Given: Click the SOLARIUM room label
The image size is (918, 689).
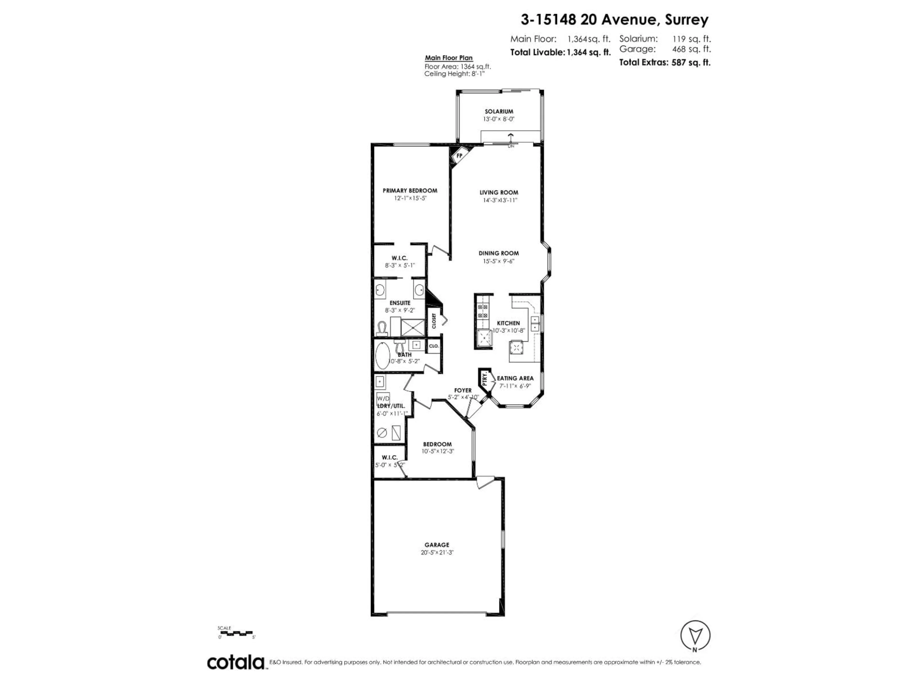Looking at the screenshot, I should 499,111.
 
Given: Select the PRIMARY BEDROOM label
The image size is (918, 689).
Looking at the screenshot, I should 410,191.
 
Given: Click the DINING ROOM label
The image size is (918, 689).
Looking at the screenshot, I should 498,253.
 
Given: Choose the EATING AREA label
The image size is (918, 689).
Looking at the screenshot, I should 515,378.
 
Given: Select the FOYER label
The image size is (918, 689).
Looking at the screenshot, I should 463,390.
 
